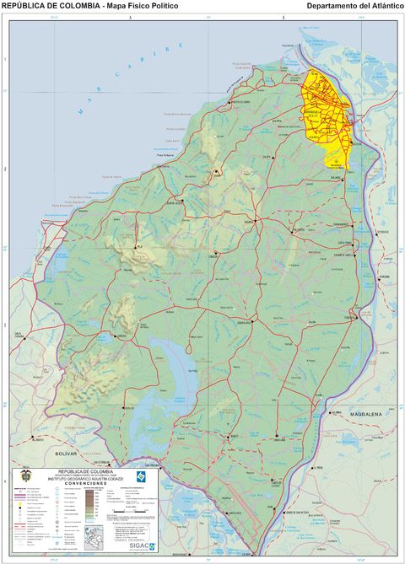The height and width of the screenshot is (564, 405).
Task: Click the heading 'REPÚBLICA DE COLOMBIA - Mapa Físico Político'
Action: [89, 6]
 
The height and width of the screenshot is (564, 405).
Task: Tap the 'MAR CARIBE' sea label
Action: [127, 81]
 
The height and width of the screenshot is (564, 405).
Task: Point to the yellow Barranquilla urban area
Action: [328, 110]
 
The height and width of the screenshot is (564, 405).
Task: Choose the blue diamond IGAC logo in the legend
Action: [143, 476]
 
